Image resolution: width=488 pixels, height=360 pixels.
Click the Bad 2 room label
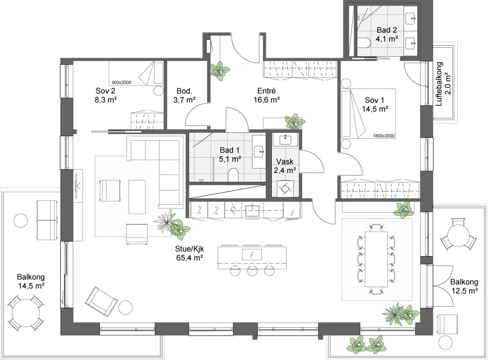click(x=387, y=30)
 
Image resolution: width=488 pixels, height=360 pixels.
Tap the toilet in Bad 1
click(x=233, y=175)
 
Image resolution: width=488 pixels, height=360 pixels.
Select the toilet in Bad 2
click(x=363, y=43)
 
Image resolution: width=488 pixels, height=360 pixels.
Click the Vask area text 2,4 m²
click(x=285, y=171)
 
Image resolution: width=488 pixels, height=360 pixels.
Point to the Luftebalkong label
click(x=439, y=84)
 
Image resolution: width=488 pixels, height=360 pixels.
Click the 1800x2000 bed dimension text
click(x=384, y=136)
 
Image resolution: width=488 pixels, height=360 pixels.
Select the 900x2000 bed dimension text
click(x=121, y=83)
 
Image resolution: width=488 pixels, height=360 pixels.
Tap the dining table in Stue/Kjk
click(x=377, y=259)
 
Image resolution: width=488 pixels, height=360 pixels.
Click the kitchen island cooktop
click(x=252, y=255)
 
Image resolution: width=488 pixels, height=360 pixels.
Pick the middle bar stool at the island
click(x=252, y=270)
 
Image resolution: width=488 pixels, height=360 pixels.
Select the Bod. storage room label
click(x=184, y=91)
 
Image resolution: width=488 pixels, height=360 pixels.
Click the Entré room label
click(x=266, y=91)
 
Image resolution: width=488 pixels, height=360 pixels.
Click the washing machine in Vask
click(x=285, y=188)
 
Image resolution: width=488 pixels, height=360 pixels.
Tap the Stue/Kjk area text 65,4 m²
click(x=189, y=258)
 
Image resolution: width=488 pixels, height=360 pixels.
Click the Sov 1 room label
click(x=374, y=100)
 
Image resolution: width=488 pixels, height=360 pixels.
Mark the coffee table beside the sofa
click(x=137, y=197)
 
